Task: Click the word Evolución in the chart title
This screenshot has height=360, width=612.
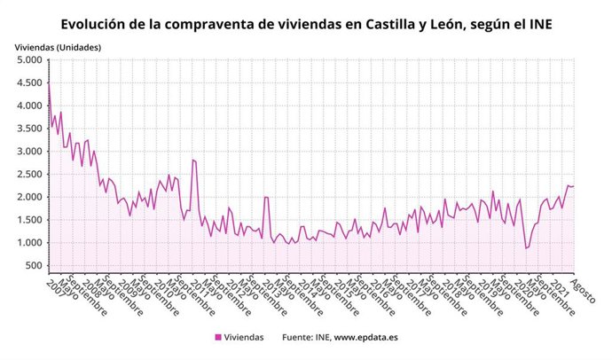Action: click(98, 23)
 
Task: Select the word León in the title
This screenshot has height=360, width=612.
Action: click(444, 23)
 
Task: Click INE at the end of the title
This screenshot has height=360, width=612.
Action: click(539, 23)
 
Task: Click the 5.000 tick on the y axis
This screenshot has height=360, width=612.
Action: click(29, 60)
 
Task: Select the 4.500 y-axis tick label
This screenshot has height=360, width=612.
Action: click(29, 83)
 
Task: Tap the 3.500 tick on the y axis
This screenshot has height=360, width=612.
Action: click(29, 129)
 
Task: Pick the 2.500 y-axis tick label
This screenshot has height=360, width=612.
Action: click(29, 175)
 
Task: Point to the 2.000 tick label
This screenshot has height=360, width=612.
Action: click(29, 197)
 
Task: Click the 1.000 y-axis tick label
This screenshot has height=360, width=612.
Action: click(29, 243)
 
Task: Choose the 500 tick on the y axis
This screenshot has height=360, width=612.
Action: click(34, 265)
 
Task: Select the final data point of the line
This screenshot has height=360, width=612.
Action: click(574, 186)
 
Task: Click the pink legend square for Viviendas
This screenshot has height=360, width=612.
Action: click(218, 338)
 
